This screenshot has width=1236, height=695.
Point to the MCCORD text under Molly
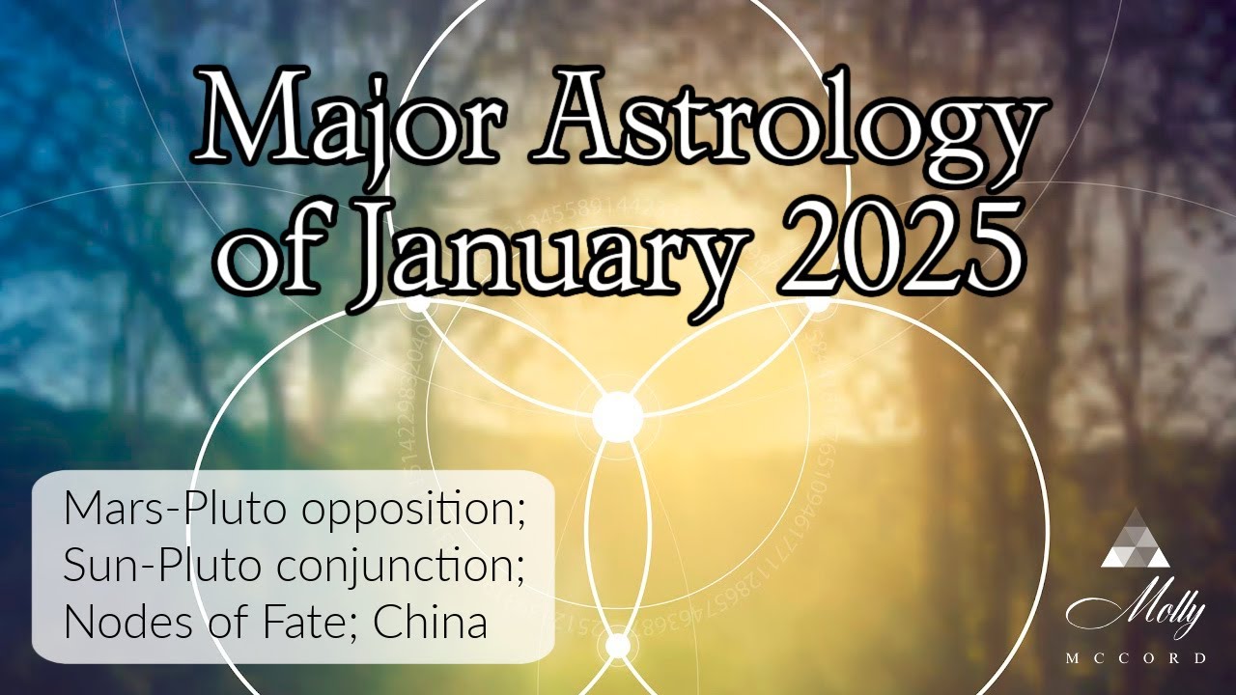(1136, 658)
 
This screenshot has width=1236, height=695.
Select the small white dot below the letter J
(418, 303)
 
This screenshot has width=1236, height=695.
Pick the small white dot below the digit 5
(817, 303)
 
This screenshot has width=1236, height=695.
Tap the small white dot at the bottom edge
(617, 645)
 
